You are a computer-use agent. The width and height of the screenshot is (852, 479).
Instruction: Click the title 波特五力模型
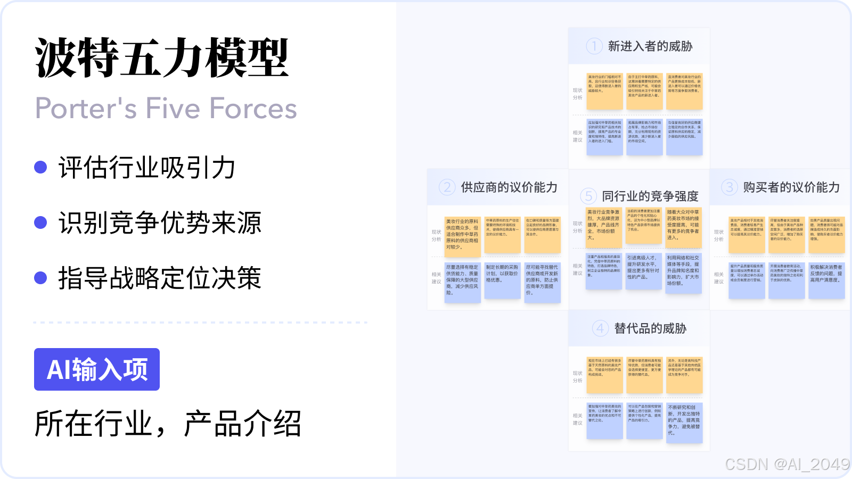[162, 59]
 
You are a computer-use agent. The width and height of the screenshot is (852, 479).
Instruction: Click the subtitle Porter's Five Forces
[166, 109]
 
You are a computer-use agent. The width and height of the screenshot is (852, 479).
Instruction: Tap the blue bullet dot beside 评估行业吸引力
[40, 167]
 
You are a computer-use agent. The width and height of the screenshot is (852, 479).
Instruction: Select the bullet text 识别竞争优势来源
[160, 223]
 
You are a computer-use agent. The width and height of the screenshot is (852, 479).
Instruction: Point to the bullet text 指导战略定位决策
[160, 278]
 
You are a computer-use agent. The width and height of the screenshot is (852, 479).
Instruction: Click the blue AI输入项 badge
[97, 369]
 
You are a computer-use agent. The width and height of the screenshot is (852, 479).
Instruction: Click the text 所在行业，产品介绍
[168, 424]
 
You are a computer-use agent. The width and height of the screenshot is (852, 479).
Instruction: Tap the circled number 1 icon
[594, 46]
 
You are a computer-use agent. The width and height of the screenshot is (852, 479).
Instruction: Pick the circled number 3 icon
[730, 187]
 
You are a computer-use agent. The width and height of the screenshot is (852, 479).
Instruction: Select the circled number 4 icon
[600, 328]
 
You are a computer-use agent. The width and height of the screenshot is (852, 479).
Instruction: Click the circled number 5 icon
[588, 196]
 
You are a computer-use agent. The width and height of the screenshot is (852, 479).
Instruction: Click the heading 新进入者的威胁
[650, 46]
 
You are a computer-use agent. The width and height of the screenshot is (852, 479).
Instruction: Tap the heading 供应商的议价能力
[509, 187]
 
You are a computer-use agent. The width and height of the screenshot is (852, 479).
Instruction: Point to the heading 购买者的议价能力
[791, 187]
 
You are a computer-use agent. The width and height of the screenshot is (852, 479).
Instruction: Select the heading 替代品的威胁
[650, 328]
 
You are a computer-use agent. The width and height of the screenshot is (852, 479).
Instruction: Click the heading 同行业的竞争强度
[650, 196]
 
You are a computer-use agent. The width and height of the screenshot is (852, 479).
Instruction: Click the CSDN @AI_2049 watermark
[787, 464]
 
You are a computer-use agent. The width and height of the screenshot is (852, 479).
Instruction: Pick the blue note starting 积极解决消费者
[826, 280]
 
